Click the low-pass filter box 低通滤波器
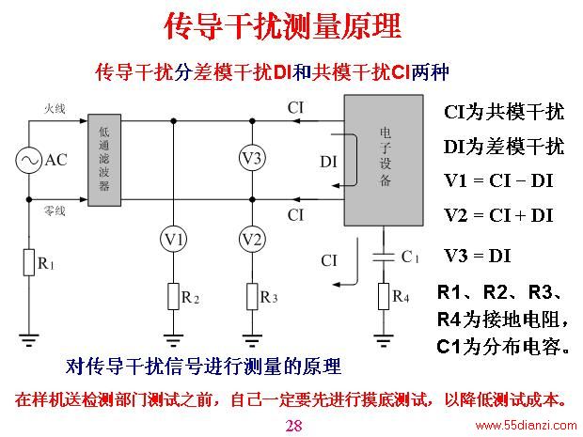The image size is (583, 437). pyautogui.click(x=104, y=160)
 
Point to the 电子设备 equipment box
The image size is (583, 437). pyautogui.click(x=384, y=160)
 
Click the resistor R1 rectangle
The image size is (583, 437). pyautogui.click(x=29, y=263)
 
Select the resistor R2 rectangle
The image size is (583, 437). pyautogui.click(x=173, y=297)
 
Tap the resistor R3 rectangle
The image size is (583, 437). pyautogui.click(x=252, y=297)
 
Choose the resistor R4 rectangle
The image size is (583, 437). pyautogui.click(x=384, y=297)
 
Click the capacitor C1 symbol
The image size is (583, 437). pyautogui.click(x=384, y=258)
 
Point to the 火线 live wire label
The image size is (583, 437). pyautogui.click(x=55, y=109)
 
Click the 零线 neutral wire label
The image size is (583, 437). pyautogui.click(x=55, y=211)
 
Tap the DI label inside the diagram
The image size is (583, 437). pyautogui.click(x=329, y=162)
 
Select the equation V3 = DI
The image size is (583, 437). pyautogui.click(x=478, y=256)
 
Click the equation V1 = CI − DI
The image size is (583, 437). pyautogui.click(x=498, y=181)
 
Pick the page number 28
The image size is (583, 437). pyautogui.click(x=293, y=426)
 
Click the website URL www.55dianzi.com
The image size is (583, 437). pyautogui.click(x=526, y=425)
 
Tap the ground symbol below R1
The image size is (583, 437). pyautogui.click(x=29, y=340)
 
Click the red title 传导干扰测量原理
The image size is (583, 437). pyautogui.click(x=283, y=26)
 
